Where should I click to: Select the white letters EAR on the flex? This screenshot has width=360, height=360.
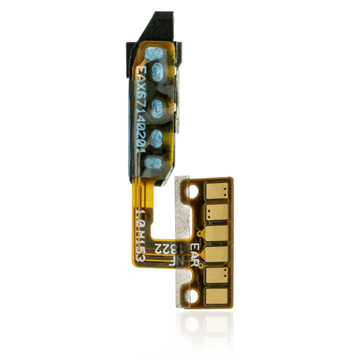coord(192,251)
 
